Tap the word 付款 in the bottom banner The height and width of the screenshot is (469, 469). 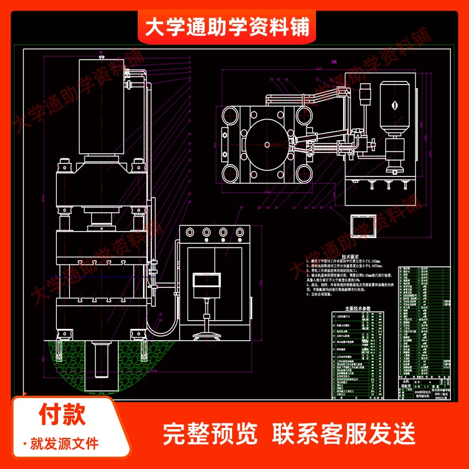coord(63,414)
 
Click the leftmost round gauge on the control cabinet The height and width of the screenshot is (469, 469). coord(190,232)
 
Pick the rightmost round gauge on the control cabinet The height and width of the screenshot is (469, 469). coord(239,232)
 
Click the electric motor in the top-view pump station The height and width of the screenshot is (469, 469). coord(393,104)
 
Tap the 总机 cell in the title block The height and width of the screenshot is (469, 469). coord(405,382)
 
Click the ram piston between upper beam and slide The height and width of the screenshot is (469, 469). coord(101,220)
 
